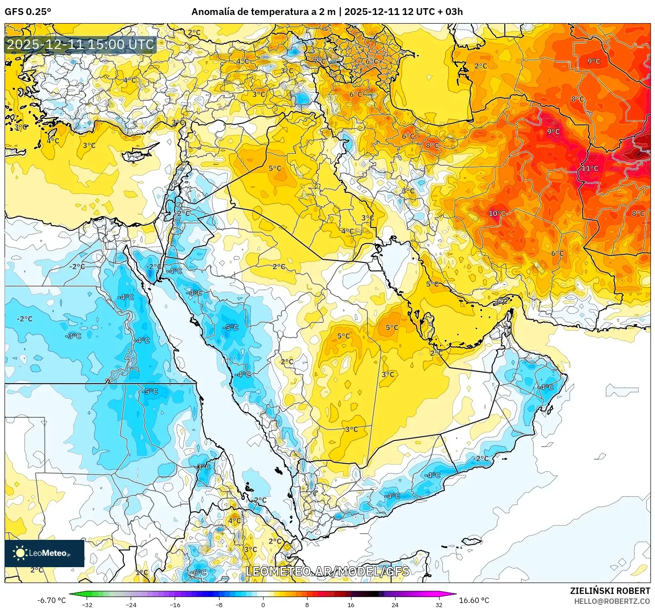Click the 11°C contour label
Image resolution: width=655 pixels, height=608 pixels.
590,168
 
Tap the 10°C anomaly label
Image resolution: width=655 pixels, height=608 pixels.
497,213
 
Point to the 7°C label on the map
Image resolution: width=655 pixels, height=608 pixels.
319,60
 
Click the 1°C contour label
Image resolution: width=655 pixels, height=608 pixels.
142,572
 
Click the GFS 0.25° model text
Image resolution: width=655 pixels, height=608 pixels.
28,12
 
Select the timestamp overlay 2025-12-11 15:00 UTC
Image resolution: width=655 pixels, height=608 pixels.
80,44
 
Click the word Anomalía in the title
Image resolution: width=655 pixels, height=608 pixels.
212,12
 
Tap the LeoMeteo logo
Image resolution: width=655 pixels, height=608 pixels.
44,553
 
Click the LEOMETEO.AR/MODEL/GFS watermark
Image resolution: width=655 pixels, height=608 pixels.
327,571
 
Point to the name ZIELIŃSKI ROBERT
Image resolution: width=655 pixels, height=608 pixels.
610,591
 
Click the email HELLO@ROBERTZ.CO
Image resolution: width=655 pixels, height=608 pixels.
612,601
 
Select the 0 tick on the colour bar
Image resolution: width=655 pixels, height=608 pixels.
263,604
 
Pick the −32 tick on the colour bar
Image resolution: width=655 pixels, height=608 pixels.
87,604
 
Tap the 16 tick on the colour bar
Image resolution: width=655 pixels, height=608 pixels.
351,604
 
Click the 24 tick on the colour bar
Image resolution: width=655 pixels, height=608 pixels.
395,604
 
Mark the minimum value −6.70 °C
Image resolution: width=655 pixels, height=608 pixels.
51,600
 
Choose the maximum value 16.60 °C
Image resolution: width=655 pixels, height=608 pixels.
474,600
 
